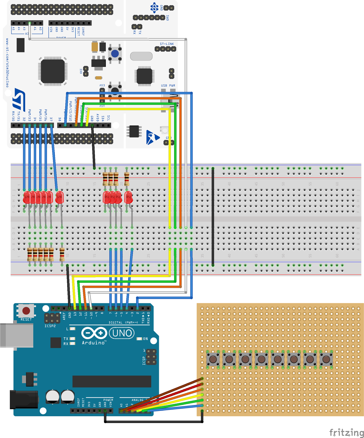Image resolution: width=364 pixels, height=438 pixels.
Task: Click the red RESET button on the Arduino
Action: click(26, 311)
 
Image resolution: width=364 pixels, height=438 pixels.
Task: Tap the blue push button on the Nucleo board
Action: click(115, 54)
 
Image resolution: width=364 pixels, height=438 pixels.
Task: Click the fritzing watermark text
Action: click(346, 433)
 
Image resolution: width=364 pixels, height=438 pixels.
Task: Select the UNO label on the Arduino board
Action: click(122, 333)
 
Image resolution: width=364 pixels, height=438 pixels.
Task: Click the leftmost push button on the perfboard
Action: click(213, 359)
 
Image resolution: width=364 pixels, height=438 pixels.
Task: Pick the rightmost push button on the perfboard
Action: click(326, 359)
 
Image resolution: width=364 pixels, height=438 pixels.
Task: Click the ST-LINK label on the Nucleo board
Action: click(167, 44)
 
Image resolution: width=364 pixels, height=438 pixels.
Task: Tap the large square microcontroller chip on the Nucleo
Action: click(53, 71)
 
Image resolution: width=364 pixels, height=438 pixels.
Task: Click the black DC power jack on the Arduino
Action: click(23, 400)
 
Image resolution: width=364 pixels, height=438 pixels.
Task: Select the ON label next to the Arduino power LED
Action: click(145, 339)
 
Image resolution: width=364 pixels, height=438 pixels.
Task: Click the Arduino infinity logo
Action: click(94, 333)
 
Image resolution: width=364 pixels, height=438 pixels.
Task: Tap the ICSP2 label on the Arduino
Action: click(50, 326)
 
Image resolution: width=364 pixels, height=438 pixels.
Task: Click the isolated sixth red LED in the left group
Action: click(59, 197)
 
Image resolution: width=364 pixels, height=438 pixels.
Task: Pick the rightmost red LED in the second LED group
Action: click(128, 197)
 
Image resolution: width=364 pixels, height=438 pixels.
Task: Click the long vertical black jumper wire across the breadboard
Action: click(213, 216)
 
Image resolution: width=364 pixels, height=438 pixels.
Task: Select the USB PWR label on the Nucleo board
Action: click(168, 86)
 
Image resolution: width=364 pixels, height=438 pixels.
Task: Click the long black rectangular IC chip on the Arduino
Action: click(112, 381)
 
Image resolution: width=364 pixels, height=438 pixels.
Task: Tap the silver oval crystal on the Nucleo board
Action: click(141, 56)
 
